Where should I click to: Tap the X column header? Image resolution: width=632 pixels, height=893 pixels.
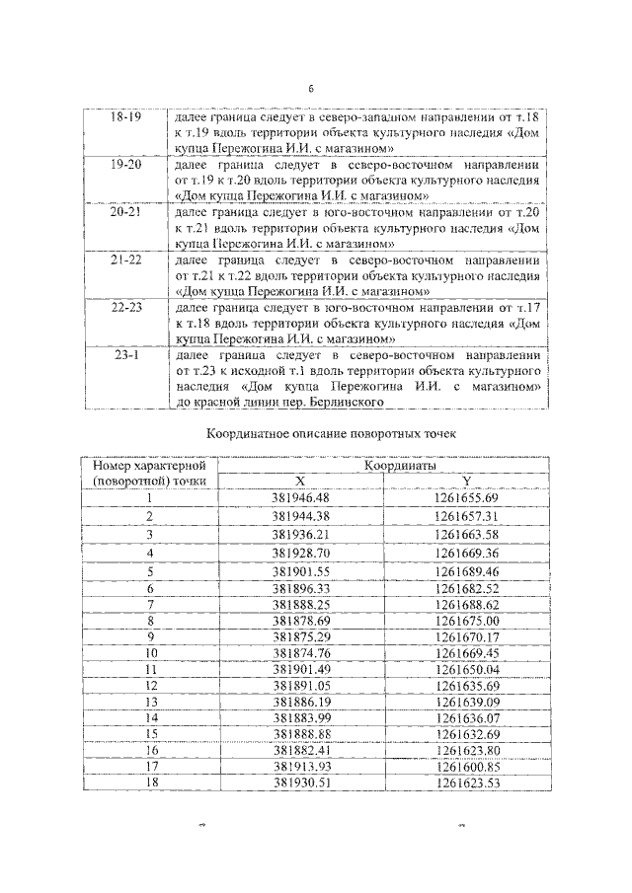(301, 481)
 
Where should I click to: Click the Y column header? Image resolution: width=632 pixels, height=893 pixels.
(465, 481)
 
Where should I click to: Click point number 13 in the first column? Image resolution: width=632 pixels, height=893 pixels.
(150, 701)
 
